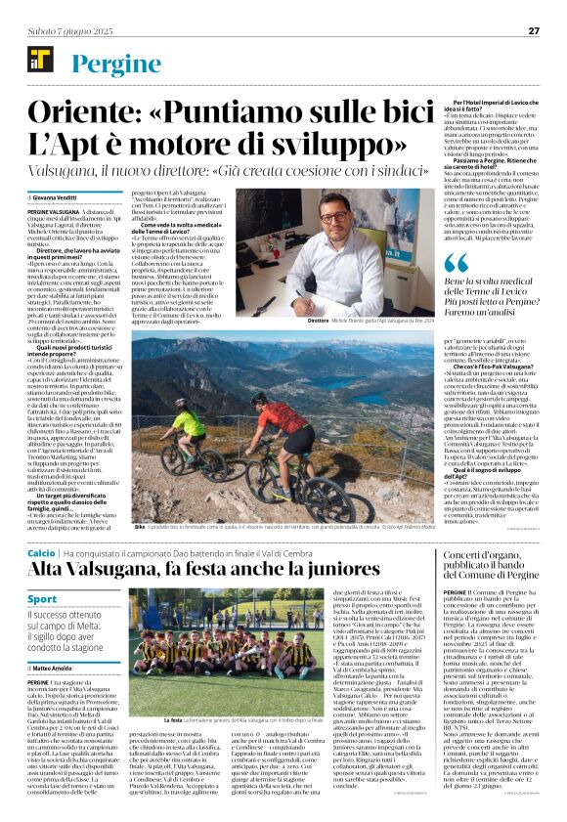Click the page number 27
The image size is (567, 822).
535,30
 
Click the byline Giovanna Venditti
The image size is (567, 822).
63,197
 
